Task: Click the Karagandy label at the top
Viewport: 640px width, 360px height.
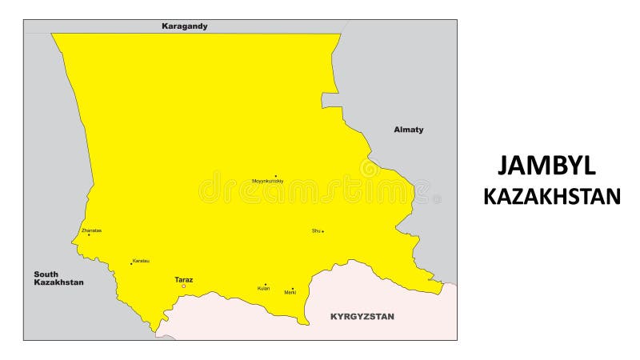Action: pyautogui.click(x=185, y=26)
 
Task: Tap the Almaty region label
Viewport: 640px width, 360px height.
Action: pyautogui.click(x=409, y=130)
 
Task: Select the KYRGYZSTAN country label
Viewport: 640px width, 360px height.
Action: pyautogui.click(x=362, y=317)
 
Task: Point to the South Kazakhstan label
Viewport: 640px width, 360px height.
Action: pyautogui.click(x=58, y=278)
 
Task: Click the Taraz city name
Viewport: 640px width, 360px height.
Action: pyautogui.click(x=184, y=279)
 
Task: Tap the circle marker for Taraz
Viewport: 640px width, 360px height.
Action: pyautogui.click(x=184, y=286)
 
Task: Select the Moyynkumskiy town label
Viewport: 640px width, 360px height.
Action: pyautogui.click(x=268, y=182)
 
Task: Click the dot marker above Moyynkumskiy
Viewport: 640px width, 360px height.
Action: pyautogui.click(x=275, y=176)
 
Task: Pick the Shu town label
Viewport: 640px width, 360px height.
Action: pyautogui.click(x=316, y=231)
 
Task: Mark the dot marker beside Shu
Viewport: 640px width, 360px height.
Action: pyautogui.click(x=322, y=232)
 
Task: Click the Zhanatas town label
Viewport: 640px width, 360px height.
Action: pyautogui.click(x=91, y=230)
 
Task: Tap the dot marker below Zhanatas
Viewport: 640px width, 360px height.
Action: pyautogui.click(x=89, y=235)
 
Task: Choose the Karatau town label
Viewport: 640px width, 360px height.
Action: pyautogui.click(x=141, y=261)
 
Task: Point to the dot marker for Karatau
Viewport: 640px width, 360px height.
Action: pyautogui.click(x=131, y=264)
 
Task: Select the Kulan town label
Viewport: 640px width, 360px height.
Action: pyautogui.click(x=264, y=289)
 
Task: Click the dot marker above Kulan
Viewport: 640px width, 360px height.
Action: pyautogui.click(x=266, y=284)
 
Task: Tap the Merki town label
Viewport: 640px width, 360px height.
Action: pyautogui.click(x=290, y=293)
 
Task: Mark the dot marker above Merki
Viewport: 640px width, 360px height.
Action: pyautogui.click(x=292, y=288)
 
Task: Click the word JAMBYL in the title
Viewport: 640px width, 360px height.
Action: pyautogui.click(x=546, y=166)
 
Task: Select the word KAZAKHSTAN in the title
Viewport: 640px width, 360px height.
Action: pyautogui.click(x=552, y=197)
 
